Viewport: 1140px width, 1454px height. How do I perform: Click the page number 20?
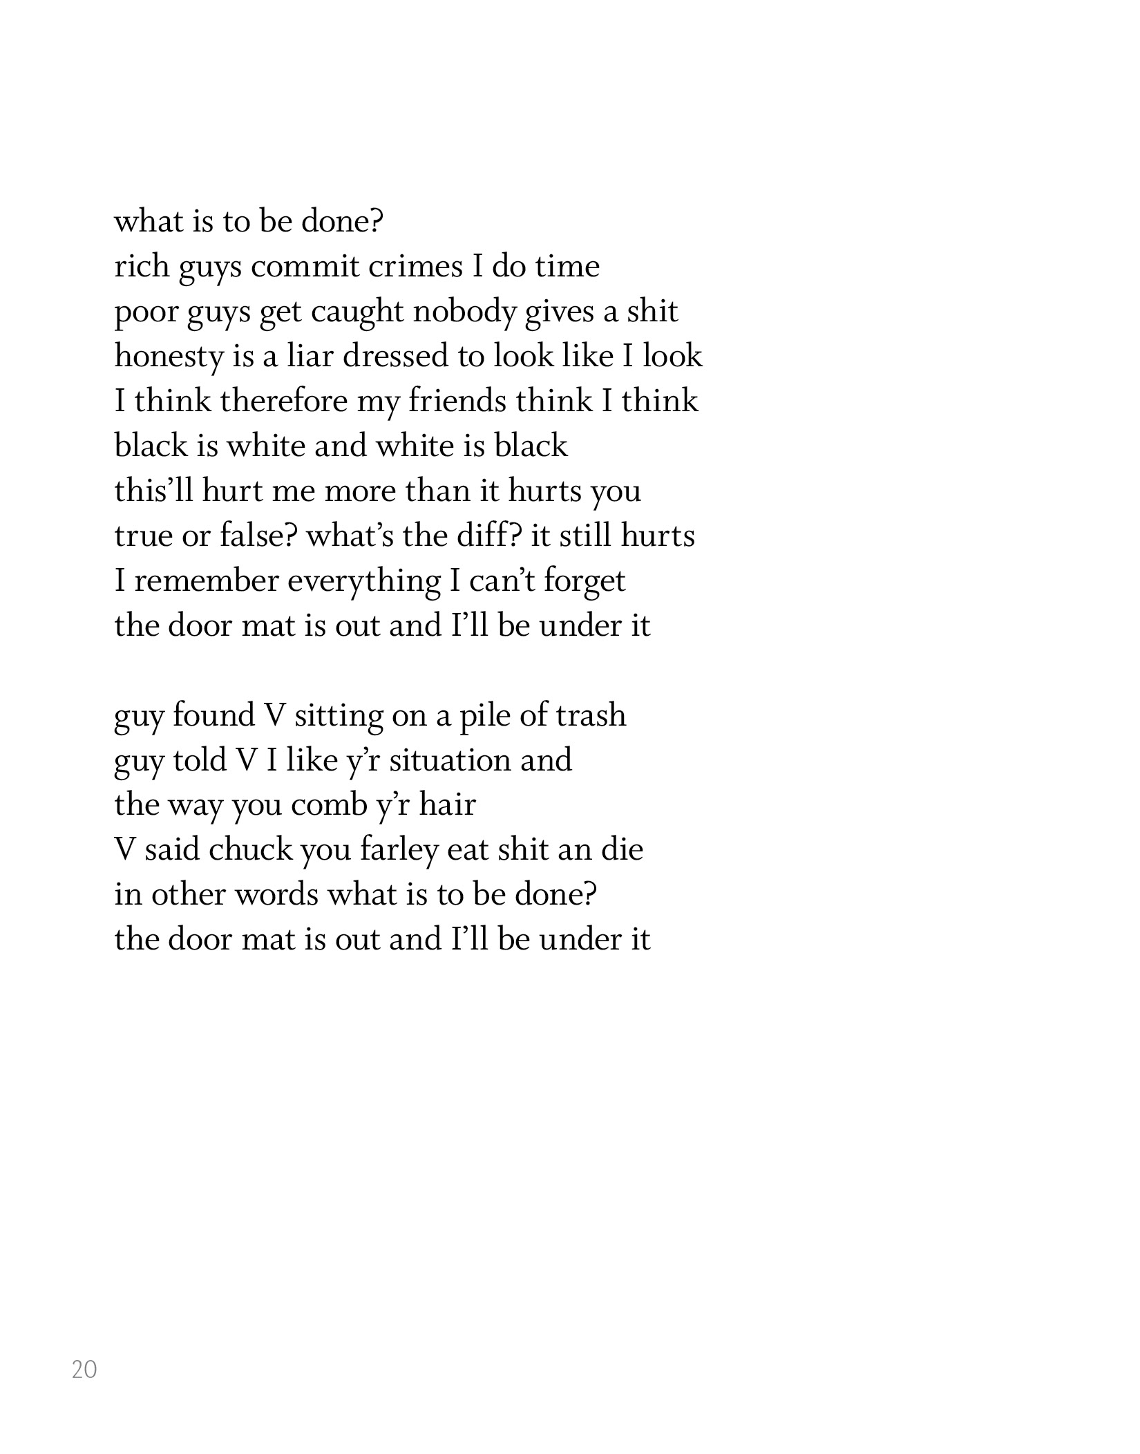pos(84,1369)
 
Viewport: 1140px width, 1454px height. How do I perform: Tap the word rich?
pos(140,266)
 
